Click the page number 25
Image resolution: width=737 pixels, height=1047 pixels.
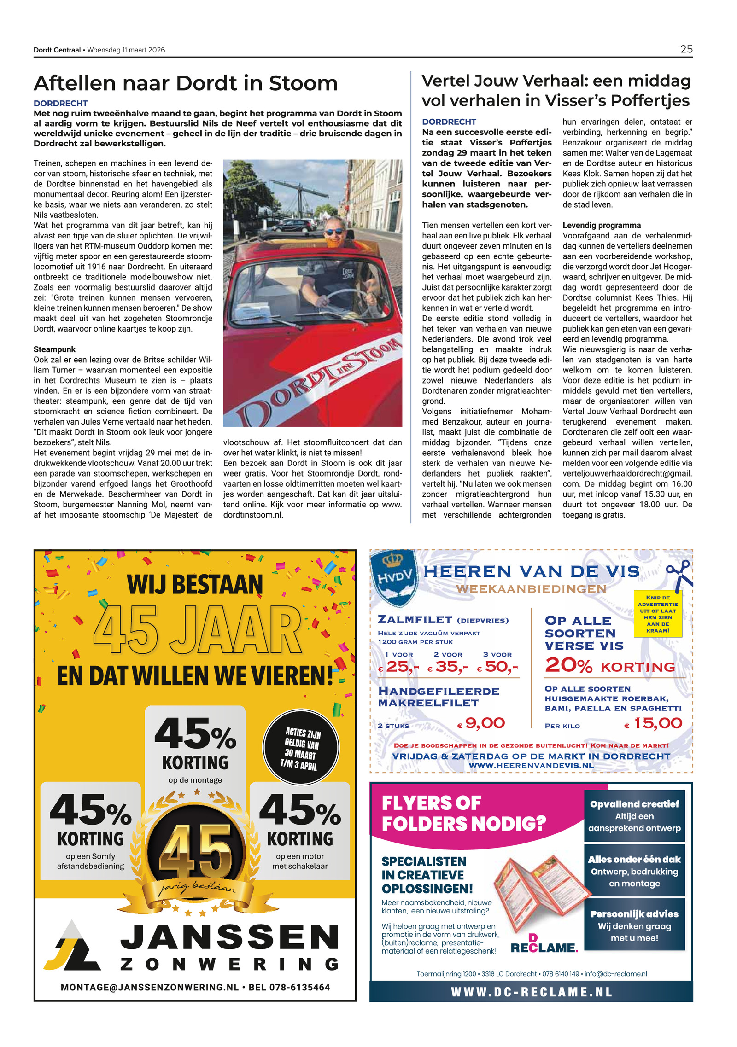(686, 49)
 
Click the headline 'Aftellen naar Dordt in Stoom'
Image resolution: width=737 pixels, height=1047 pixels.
(186, 83)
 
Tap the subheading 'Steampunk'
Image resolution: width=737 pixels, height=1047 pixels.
(54, 349)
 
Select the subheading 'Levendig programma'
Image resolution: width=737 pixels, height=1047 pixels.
(601, 225)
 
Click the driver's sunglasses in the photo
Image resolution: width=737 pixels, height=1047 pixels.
(335, 231)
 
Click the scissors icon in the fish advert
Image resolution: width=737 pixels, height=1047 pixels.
(679, 574)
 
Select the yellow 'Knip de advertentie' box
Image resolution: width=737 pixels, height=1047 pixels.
(657, 614)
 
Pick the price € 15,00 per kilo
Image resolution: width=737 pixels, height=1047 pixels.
(653, 723)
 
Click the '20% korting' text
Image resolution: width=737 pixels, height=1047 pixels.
(609, 666)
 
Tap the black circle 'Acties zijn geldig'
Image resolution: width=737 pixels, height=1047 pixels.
(300, 748)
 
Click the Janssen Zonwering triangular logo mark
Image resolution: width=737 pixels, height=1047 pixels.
(72, 946)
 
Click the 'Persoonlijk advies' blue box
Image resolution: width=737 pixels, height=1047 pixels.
(634, 925)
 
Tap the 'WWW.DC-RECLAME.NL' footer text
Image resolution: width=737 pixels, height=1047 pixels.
(531, 992)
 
